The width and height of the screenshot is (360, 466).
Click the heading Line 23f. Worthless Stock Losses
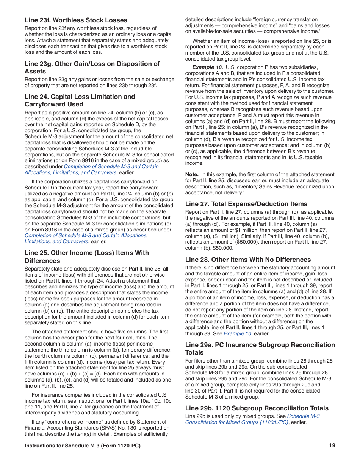point(76,20)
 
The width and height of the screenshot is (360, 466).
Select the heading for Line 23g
point(92,67)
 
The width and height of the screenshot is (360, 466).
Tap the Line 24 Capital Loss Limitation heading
point(80,100)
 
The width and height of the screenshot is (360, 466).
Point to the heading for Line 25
point(87,256)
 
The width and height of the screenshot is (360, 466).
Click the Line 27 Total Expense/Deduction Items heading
point(246,204)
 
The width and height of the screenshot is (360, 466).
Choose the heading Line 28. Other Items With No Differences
point(248,260)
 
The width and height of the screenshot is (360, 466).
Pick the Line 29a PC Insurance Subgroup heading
point(260,349)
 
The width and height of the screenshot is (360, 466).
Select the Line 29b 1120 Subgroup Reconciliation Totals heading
point(257,408)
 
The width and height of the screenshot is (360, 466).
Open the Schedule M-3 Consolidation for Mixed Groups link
point(252,419)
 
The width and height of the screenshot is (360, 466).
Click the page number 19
point(332,446)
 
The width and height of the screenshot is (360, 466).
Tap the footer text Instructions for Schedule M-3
point(82,446)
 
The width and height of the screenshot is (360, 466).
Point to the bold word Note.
point(192,175)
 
